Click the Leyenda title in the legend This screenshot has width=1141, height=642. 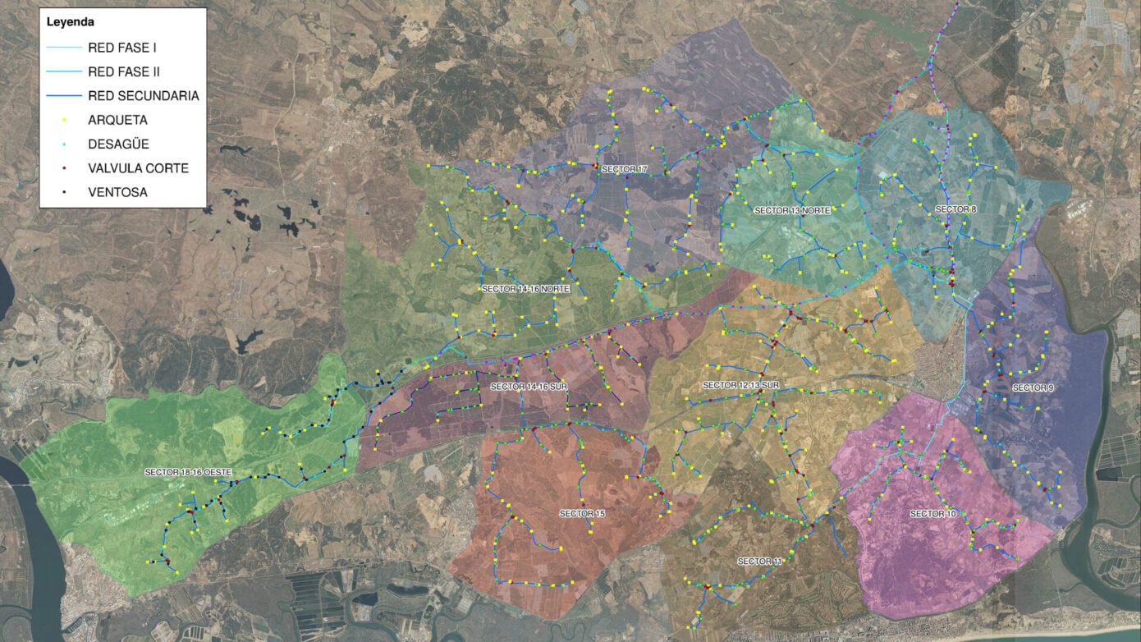coord(70,22)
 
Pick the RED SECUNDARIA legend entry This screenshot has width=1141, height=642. coord(143,96)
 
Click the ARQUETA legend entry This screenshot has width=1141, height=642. coord(117,120)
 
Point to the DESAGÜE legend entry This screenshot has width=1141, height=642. coord(118,144)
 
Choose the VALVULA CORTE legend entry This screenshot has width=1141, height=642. coord(138,168)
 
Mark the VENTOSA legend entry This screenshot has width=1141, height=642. coord(117,192)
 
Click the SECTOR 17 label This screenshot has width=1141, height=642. coord(625,170)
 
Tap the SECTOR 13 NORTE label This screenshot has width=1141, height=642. coord(792,211)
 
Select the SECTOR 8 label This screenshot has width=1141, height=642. coord(955,209)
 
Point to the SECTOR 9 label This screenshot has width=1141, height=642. coord(1033,387)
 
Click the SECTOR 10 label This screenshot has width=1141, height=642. coord(933,514)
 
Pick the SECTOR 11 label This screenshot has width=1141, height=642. coord(760,562)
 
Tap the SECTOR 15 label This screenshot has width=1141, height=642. coord(582,513)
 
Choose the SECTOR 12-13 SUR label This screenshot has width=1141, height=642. coord(740,385)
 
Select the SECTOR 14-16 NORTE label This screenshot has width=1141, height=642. coord(525,289)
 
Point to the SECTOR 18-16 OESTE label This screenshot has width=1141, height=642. coord(188,472)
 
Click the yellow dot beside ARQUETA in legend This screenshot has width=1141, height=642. coord(64,120)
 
